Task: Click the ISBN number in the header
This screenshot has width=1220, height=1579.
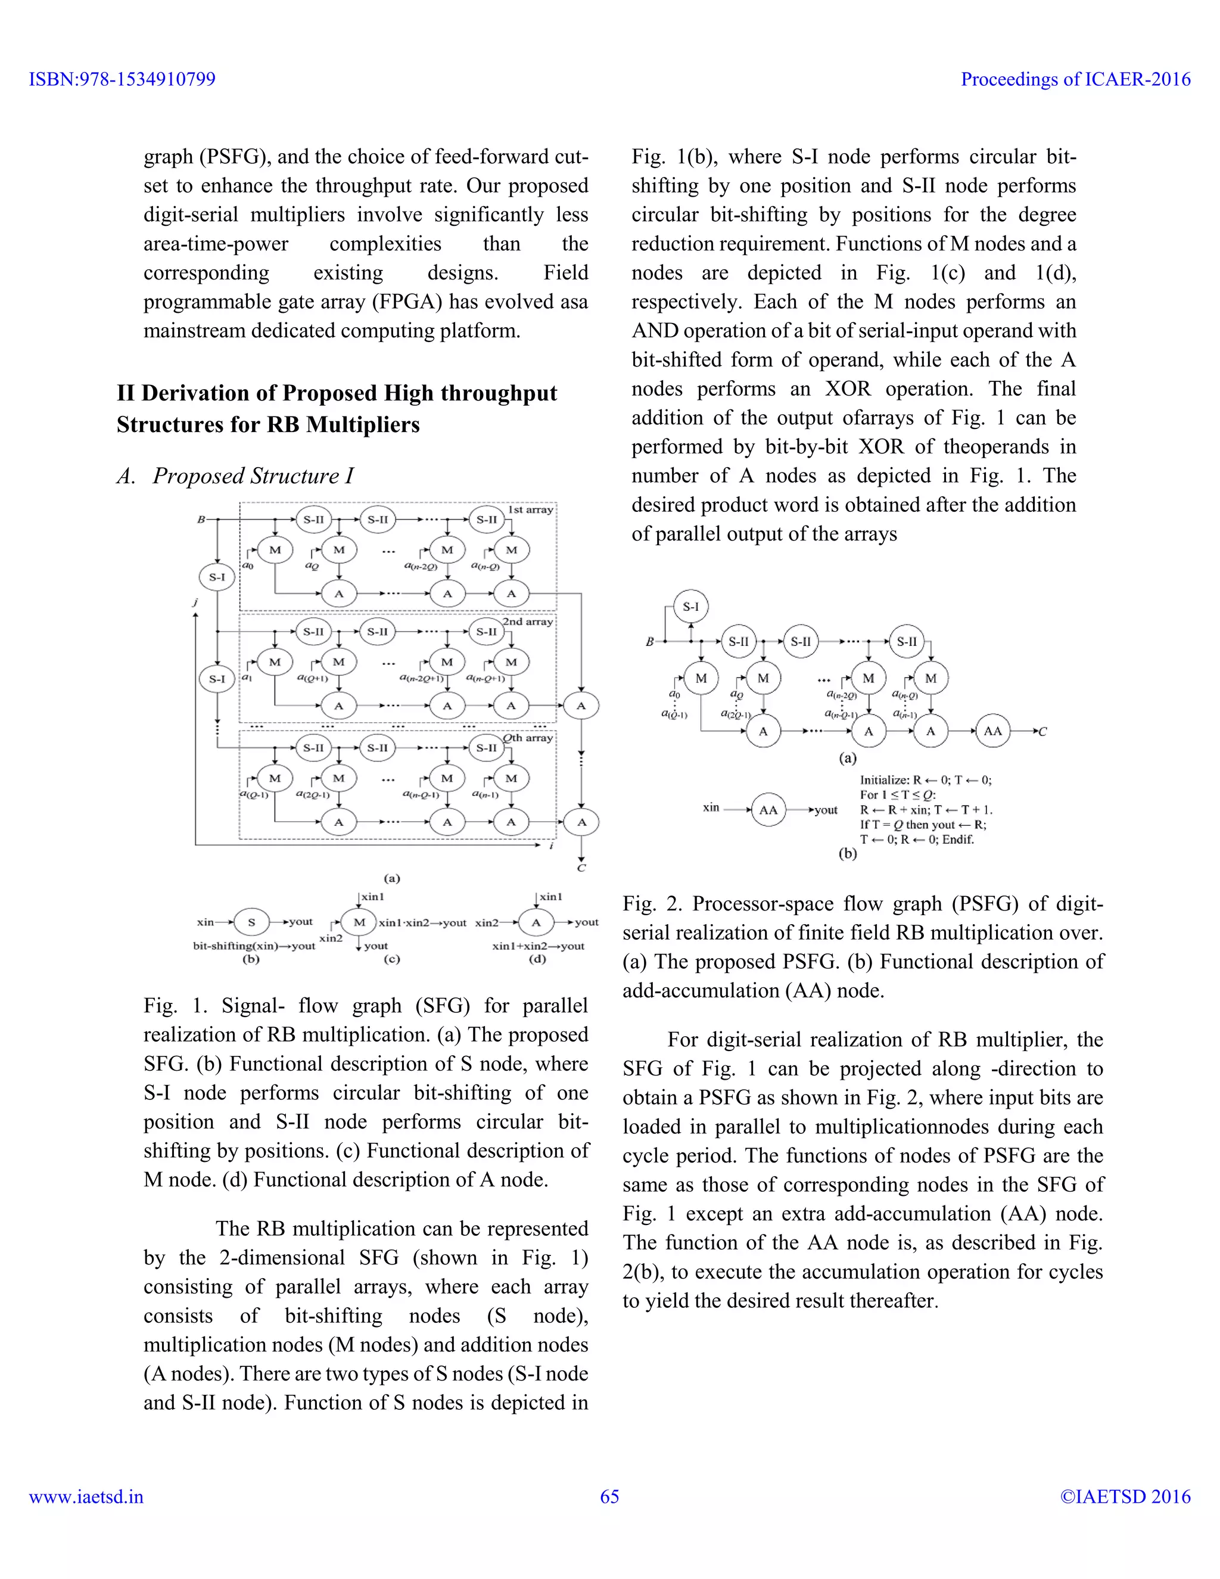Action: [122, 79]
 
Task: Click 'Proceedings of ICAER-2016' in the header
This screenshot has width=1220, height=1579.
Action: [1075, 79]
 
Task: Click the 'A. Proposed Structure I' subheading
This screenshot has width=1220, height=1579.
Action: [236, 475]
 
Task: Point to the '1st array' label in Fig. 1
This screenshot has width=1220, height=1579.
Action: [531, 509]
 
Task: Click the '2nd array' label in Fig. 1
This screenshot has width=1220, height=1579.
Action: [528, 621]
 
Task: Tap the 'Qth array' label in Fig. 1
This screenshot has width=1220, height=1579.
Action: [528, 738]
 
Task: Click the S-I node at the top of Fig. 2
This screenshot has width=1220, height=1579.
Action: [691, 607]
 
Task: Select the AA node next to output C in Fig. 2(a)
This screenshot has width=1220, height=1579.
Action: [992, 731]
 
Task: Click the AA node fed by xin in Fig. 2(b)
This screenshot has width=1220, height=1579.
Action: [768, 810]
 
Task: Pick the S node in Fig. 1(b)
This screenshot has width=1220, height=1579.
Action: [251, 922]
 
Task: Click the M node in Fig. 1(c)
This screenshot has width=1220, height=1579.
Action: [359, 922]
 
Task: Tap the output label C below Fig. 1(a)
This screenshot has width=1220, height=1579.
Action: [581, 868]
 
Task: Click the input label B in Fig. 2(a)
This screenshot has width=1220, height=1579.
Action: [649, 641]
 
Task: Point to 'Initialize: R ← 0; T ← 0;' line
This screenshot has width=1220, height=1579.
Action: [925, 780]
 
